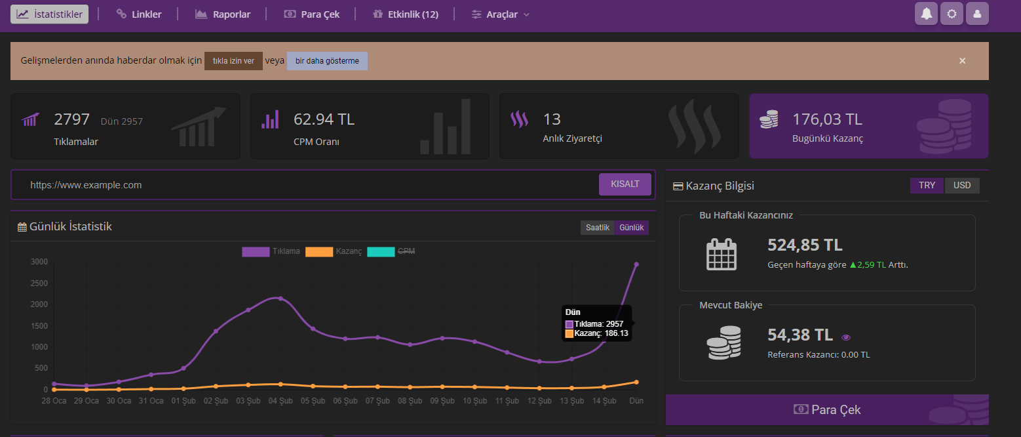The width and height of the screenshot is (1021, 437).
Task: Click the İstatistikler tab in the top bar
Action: coord(50,14)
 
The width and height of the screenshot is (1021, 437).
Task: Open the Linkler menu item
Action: coord(139,14)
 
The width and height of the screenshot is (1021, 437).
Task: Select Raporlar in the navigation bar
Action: coord(223,14)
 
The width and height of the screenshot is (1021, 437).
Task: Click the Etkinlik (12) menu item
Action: coord(405,14)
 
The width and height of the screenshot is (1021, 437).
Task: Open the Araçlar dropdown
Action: coord(501,14)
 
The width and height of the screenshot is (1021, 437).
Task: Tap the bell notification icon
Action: coord(927,14)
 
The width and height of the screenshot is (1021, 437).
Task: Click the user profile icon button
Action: coord(977,14)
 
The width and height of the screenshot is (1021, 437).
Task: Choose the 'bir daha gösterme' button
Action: coord(327,61)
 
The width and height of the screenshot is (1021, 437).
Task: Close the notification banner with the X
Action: coord(963,61)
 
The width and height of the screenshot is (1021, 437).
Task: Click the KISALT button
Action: coord(625,184)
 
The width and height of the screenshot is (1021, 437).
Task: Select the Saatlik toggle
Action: coord(598,228)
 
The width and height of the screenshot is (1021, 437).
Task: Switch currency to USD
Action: coord(962,186)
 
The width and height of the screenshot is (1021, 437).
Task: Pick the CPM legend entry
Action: coord(392,251)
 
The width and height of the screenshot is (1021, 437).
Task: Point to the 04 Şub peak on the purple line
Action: coord(280,299)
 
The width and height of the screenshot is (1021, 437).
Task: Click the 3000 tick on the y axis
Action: coord(39,262)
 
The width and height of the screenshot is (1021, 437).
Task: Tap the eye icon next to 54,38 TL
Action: coord(846,337)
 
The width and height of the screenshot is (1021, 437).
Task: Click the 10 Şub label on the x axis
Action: coord(475,401)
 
